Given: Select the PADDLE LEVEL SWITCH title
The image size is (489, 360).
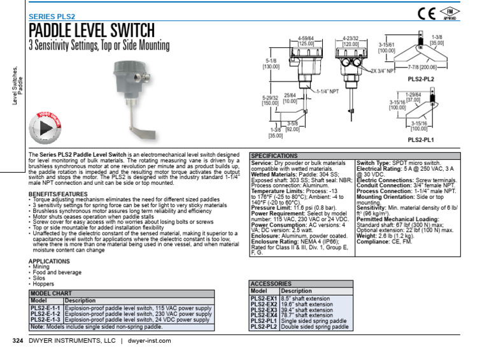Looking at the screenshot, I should (92, 30).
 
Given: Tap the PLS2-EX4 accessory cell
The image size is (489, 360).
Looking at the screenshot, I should (264, 315).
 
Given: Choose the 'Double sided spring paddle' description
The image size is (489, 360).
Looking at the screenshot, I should (315, 327).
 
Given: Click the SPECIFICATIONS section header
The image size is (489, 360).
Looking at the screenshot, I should (274, 155).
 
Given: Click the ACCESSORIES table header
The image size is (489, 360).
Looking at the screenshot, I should (271, 284).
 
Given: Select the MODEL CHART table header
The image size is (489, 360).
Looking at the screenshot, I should (52, 294).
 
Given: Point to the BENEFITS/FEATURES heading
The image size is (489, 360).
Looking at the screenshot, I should (58, 193).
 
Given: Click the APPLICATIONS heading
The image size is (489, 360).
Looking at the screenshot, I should (49, 261).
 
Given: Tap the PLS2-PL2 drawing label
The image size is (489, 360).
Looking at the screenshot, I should (420, 80).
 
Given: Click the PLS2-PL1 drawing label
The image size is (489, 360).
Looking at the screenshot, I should (420, 139).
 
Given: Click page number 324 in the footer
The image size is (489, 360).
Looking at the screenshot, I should (18, 342).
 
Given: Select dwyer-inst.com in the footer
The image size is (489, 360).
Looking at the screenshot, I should (150, 342).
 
